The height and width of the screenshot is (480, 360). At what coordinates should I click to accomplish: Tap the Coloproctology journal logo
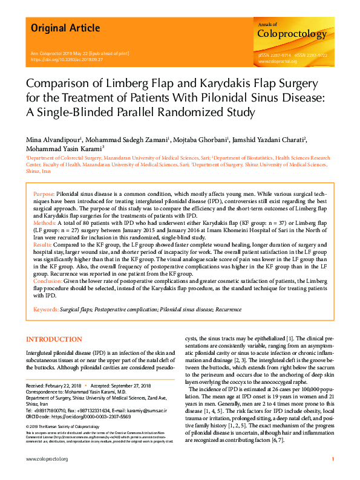[x=292, y=33]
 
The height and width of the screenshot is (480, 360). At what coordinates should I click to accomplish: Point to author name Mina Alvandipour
[x=52, y=140]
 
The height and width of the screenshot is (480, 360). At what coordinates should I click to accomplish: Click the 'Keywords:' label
[x=46, y=309]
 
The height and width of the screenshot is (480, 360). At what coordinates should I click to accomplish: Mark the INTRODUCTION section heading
[x=54, y=340]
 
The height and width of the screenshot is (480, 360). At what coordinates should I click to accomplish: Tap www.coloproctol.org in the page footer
[x=47, y=460]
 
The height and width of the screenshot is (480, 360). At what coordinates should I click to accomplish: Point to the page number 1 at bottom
[x=333, y=460]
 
